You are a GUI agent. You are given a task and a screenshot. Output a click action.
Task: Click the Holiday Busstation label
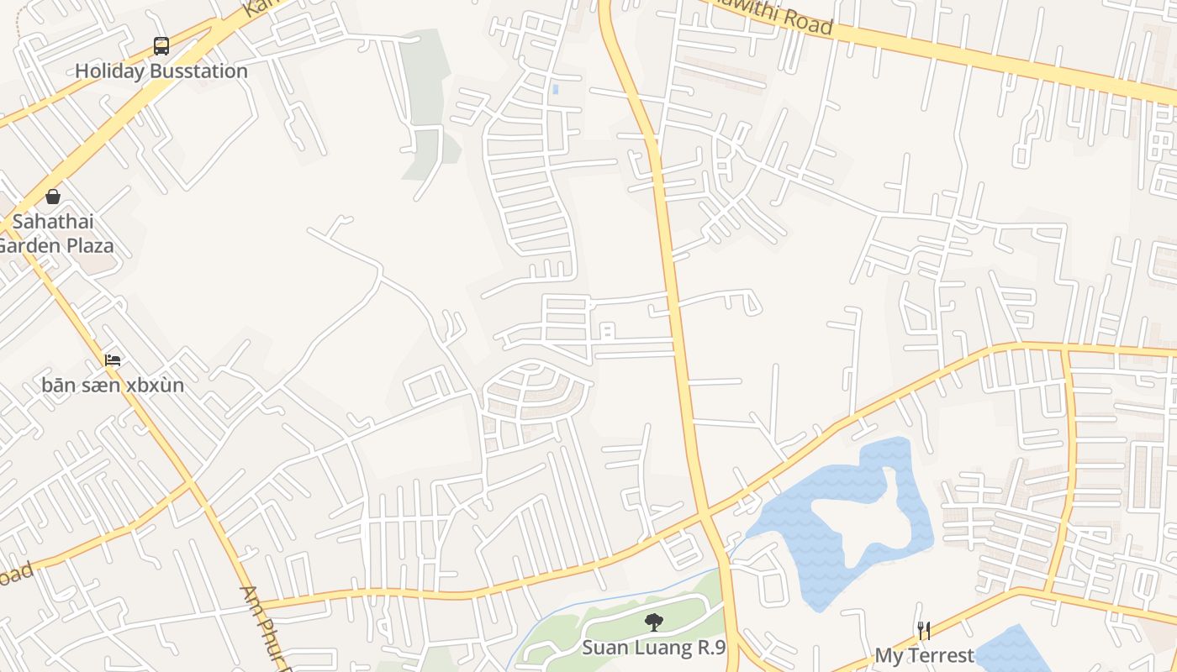[161, 71]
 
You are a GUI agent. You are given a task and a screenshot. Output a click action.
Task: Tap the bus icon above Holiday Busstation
[161, 45]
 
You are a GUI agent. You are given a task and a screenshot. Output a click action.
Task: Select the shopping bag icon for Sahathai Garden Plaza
[53, 197]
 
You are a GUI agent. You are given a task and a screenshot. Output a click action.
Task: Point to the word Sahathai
[53, 223]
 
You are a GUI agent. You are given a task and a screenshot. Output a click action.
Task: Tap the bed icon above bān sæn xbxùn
[113, 360]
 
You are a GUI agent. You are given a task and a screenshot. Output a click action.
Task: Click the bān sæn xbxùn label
[113, 386]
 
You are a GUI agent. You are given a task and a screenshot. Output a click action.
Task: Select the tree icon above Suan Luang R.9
[653, 622]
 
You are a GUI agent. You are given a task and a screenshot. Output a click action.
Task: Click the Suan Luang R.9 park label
[653, 648]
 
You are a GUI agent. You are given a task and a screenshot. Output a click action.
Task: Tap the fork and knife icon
[923, 630]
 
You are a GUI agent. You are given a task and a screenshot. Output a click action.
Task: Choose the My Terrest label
[924, 655]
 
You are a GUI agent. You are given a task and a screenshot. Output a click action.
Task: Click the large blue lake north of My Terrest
[807, 521]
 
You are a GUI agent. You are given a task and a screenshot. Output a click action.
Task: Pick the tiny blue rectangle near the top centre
[555, 88]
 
